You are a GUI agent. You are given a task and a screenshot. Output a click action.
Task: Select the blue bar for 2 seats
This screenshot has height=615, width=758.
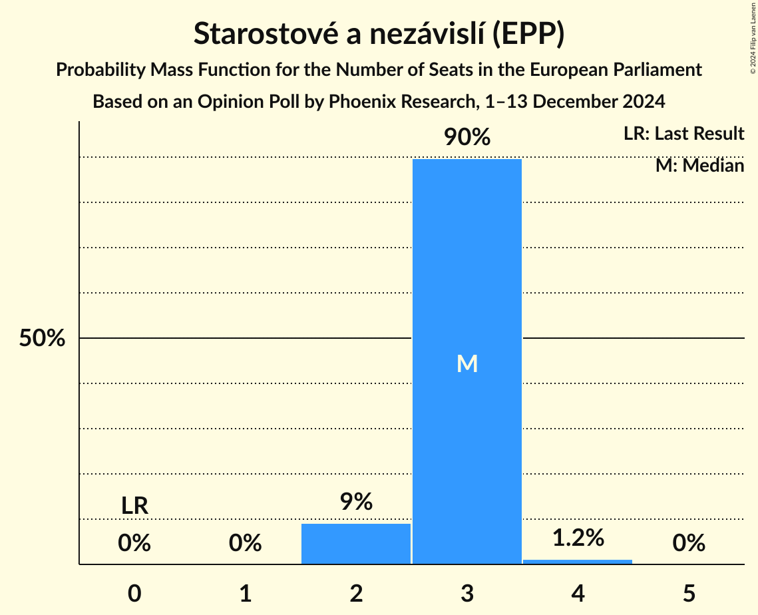point(356,544)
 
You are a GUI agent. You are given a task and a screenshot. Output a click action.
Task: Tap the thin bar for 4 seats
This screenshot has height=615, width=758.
point(578,562)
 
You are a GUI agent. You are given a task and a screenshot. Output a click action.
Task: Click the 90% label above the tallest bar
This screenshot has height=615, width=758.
point(467,138)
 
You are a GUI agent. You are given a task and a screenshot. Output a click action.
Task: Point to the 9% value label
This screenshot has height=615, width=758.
point(356,502)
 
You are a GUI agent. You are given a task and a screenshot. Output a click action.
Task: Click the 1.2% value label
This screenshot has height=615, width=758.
point(578,538)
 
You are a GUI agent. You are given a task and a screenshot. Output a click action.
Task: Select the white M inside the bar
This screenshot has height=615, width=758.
point(467,363)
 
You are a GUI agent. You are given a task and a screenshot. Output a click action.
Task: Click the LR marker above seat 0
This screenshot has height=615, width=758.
point(134,506)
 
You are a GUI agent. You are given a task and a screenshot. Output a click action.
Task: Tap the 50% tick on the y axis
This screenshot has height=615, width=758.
point(42,338)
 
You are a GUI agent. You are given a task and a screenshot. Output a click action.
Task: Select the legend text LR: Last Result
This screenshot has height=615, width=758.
point(683,134)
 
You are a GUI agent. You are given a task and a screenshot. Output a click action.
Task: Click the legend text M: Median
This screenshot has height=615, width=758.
point(699,165)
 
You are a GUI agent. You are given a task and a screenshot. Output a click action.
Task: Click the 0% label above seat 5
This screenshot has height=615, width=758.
point(689,544)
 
